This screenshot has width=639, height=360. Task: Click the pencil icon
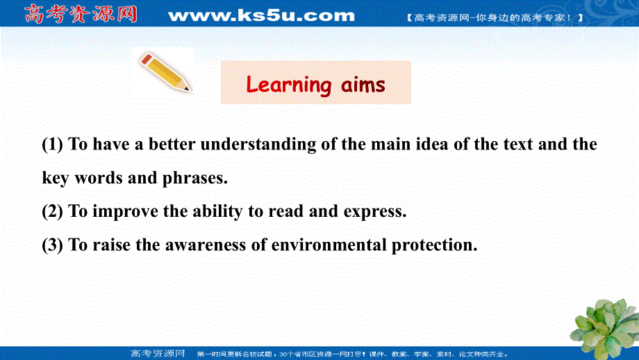click(x=165, y=72)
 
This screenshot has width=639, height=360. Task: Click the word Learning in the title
click(x=289, y=85)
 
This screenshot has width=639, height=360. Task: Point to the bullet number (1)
click(x=53, y=145)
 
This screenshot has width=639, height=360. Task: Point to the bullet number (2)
click(x=53, y=212)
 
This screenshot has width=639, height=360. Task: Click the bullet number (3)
click(x=53, y=245)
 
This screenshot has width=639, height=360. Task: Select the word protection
click(x=434, y=245)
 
